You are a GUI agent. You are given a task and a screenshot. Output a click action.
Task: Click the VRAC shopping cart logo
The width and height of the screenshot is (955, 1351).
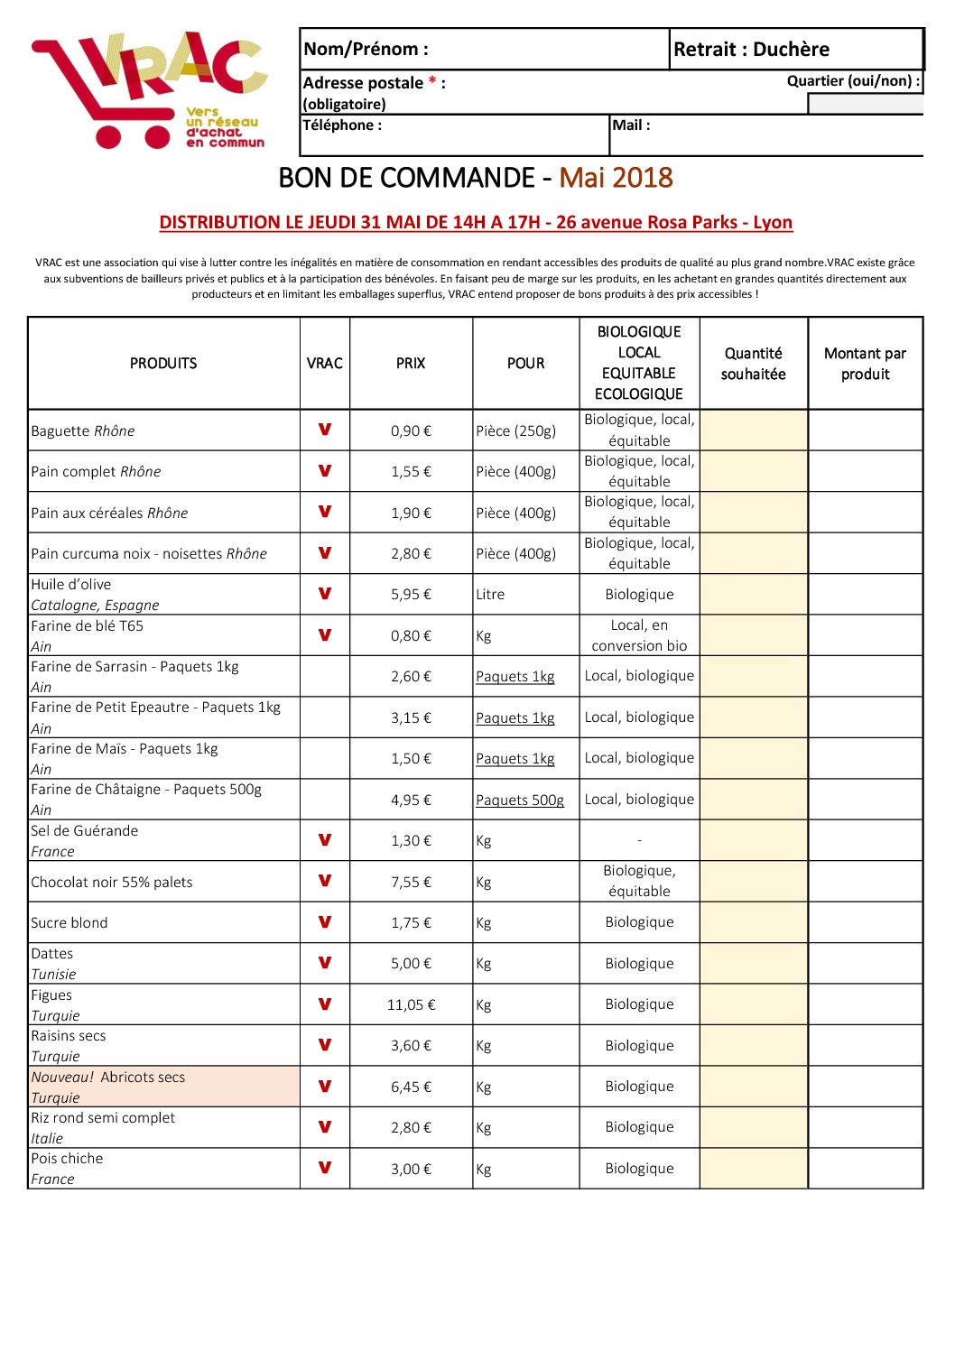coord(149,90)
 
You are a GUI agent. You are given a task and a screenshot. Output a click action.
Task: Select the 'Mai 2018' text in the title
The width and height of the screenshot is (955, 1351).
coord(616,178)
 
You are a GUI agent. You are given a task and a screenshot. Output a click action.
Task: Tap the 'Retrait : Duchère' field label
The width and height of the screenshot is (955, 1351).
coord(751,50)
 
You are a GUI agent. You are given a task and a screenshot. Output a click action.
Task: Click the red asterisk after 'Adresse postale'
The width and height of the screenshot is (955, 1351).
coord(433,82)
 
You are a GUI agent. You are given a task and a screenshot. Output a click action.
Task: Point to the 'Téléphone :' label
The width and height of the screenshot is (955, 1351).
coord(342,125)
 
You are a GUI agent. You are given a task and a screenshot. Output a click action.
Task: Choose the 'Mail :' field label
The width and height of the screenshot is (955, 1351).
coord(631,125)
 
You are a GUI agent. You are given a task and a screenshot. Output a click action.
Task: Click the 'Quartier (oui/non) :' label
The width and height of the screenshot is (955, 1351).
coord(853,81)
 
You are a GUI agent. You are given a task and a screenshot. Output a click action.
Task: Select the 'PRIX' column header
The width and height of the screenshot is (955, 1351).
coord(411,363)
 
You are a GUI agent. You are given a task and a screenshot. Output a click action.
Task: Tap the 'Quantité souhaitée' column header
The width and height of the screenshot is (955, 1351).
coord(753,364)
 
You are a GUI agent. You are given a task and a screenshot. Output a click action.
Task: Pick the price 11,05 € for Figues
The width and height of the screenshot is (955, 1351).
coord(411,1004)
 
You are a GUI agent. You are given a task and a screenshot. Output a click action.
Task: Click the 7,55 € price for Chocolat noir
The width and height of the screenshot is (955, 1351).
coord(411,882)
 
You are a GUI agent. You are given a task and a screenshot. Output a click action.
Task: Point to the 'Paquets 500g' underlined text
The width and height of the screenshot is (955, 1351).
coord(520,800)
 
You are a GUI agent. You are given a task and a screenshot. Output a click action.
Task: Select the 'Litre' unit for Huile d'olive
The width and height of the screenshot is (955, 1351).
coord(490,595)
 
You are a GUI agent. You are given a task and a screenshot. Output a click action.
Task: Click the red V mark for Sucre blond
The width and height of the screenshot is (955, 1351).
coord(325,922)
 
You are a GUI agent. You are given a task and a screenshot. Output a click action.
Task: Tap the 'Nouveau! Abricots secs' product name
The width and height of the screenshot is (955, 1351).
coord(108,1077)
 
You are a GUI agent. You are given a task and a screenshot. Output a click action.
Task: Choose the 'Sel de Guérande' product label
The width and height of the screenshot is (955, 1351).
coord(85,830)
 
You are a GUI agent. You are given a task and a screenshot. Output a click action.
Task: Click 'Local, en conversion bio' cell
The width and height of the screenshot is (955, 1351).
coord(639,635)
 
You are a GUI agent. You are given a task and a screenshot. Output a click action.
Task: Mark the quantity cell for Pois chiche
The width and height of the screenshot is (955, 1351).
coord(753,1169)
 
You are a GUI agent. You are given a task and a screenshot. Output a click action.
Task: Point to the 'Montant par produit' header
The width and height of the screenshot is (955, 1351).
coord(865,364)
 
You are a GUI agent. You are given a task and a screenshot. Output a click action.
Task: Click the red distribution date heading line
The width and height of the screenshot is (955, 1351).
coord(476,222)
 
